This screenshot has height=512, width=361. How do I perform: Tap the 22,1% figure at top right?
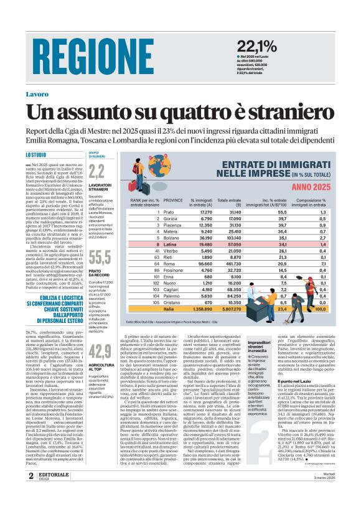click(256, 45)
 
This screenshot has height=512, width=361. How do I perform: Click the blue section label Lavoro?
click(37, 94)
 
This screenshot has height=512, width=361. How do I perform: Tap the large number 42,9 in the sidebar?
click(100, 351)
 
